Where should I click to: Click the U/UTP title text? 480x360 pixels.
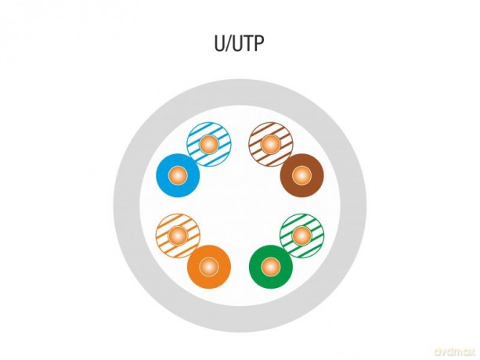pyautogui.click(x=239, y=43)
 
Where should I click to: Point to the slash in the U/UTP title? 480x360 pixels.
pyautogui.click(x=229, y=44)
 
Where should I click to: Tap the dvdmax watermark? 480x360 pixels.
pyautogui.click(x=455, y=351)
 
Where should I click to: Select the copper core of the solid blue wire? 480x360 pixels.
pyautogui.click(x=178, y=175)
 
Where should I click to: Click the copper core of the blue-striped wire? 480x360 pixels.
pyautogui.click(x=209, y=144)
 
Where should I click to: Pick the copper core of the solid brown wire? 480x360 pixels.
pyautogui.click(x=301, y=175)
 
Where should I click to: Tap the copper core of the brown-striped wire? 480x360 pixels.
pyautogui.click(x=271, y=144)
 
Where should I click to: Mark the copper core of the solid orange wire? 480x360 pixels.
pyautogui.click(x=209, y=266)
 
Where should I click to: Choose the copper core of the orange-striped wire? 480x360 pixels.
pyautogui.click(x=178, y=236)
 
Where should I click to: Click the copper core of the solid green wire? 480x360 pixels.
pyautogui.click(x=271, y=266)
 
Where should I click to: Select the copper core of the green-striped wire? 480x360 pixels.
pyautogui.click(x=301, y=236)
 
